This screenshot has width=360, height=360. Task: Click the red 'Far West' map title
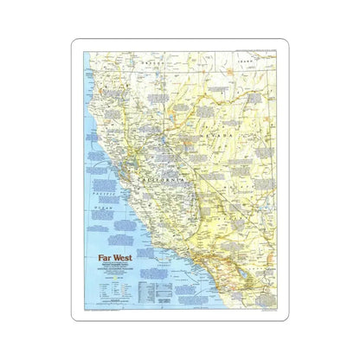pyautogui.click(x=110, y=257)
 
